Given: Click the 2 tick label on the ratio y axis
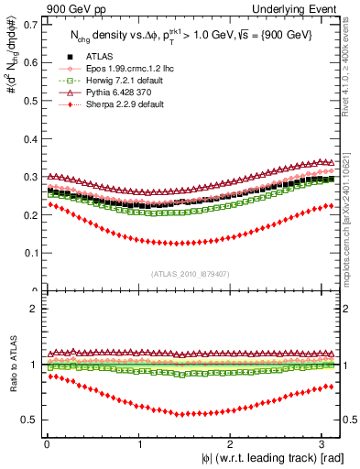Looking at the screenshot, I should click(x=34, y=309).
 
